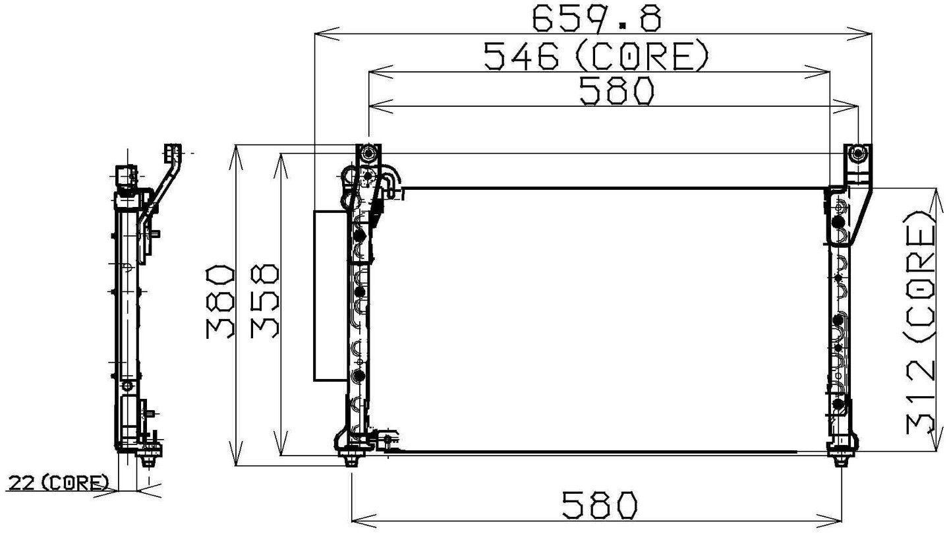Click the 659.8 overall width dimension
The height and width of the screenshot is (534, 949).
(596, 18)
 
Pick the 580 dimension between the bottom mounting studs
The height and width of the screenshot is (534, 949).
(600, 506)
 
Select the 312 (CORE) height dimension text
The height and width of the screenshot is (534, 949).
(920, 322)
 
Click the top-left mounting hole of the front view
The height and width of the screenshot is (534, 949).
(368, 155)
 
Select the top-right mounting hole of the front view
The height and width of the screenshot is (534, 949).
(857, 155)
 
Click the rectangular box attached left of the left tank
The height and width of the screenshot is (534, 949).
(330, 295)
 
